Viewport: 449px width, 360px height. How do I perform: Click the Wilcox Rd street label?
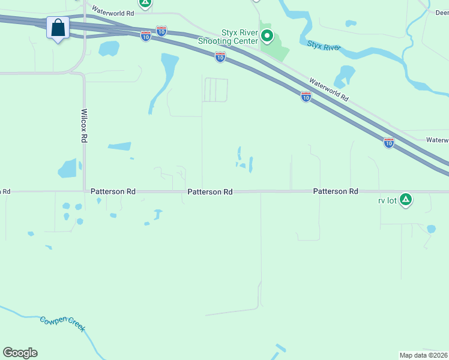84,125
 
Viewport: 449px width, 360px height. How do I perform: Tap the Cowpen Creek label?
62,324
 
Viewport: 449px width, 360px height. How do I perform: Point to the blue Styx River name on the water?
324,46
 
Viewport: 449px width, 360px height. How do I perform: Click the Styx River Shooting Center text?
228,36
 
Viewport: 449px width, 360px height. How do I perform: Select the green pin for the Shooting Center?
267,38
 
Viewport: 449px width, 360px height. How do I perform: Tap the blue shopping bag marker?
58,28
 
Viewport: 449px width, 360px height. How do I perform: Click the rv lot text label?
388,200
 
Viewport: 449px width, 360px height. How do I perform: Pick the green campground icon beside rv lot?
406,199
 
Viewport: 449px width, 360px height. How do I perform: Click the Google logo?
20,352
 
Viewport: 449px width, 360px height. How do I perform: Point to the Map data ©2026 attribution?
423,355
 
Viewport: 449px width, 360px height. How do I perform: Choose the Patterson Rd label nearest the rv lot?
335,191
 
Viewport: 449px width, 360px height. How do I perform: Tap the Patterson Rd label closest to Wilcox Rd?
113,191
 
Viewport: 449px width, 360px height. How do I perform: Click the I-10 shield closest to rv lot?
388,143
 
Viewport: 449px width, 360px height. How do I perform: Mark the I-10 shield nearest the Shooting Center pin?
220,57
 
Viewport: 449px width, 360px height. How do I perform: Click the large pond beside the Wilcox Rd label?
68,169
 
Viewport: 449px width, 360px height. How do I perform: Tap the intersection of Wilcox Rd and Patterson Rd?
84,191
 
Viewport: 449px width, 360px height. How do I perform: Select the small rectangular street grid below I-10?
215,90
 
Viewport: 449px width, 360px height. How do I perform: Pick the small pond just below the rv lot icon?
431,229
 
